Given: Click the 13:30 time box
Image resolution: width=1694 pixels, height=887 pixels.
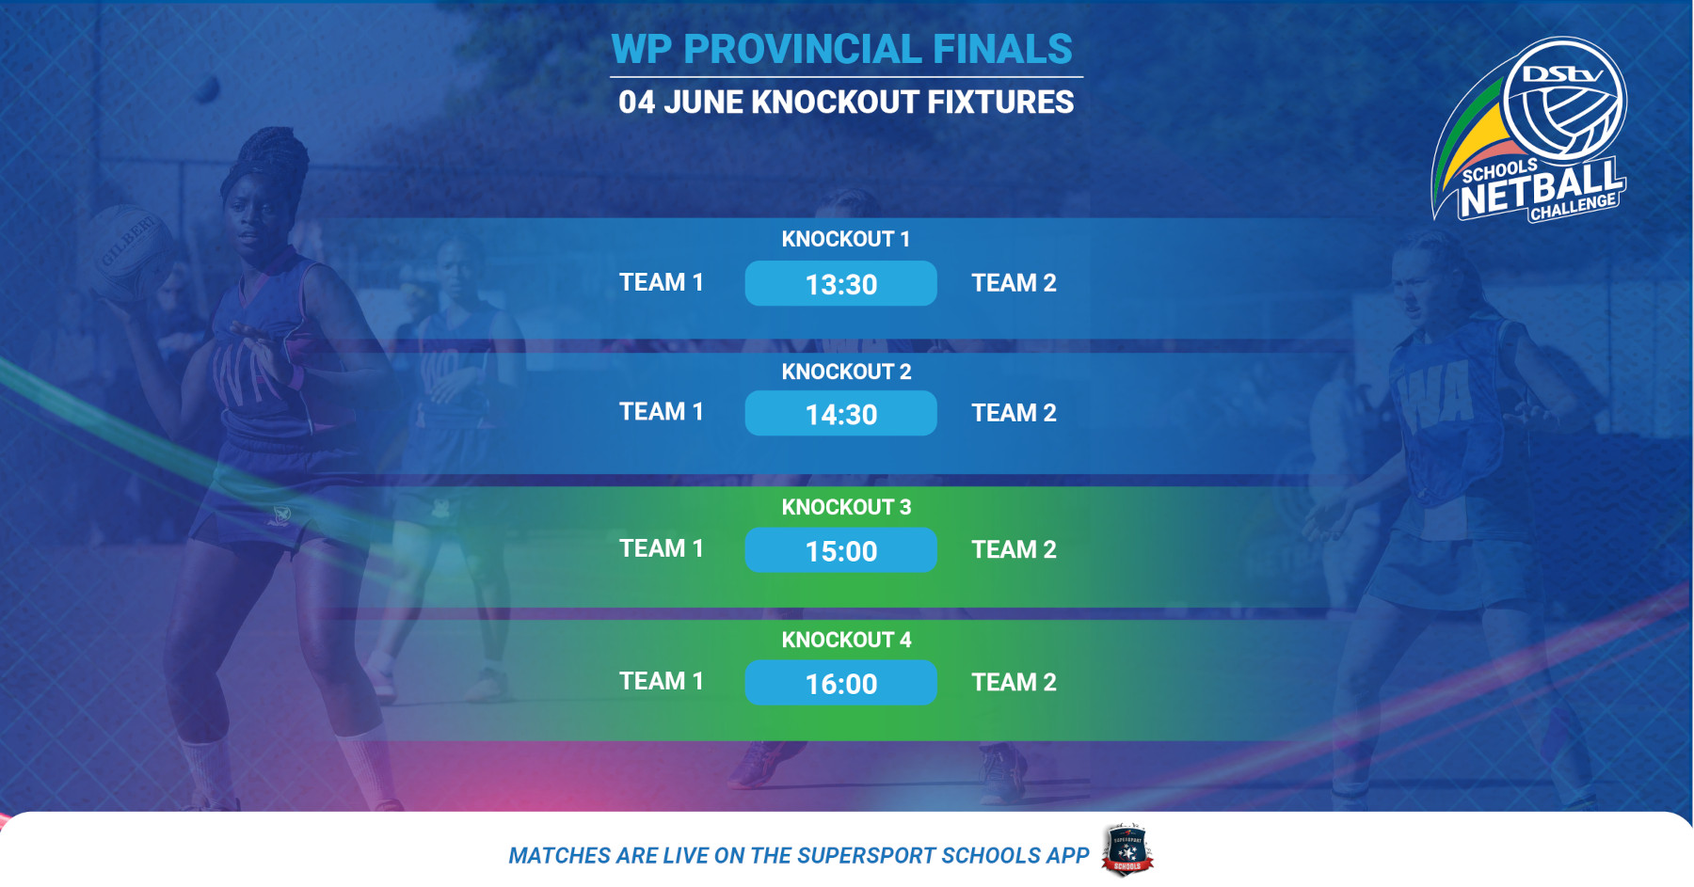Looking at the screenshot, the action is [x=840, y=283].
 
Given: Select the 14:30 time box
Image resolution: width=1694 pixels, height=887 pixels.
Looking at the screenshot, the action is [x=840, y=413].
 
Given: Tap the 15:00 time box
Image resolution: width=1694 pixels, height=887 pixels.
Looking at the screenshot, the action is [x=840, y=550].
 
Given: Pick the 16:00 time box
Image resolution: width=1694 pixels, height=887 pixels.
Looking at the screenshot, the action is [x=840, y=683].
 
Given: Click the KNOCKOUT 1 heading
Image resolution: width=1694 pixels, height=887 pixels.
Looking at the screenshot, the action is [x=845, y=239].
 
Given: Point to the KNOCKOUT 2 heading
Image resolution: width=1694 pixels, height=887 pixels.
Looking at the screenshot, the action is [x=846, y=372].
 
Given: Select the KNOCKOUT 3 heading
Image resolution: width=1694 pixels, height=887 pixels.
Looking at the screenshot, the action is [x=846, y=507].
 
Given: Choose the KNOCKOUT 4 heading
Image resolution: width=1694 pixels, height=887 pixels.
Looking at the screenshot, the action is [x=846, y=640].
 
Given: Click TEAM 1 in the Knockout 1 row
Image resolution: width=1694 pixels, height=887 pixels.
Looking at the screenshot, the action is [x=661, y=282].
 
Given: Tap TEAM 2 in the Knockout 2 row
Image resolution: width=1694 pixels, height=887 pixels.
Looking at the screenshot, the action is [x=1014, y=413].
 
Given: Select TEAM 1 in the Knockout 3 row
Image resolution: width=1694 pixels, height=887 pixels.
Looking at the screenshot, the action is [x=661, y=548].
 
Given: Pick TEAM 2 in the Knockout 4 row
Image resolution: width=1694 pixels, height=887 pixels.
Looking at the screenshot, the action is [x=1014, y=682].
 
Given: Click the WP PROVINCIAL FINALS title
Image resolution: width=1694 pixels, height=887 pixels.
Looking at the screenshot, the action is [x=841, y=49].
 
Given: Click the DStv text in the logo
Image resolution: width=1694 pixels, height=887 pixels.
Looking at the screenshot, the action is [x=1562, y=73].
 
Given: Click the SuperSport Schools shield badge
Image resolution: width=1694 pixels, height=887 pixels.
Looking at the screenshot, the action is [x=1127, y=849].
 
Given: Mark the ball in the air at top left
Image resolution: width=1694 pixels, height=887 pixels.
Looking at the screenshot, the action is [x=207, y=89].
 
